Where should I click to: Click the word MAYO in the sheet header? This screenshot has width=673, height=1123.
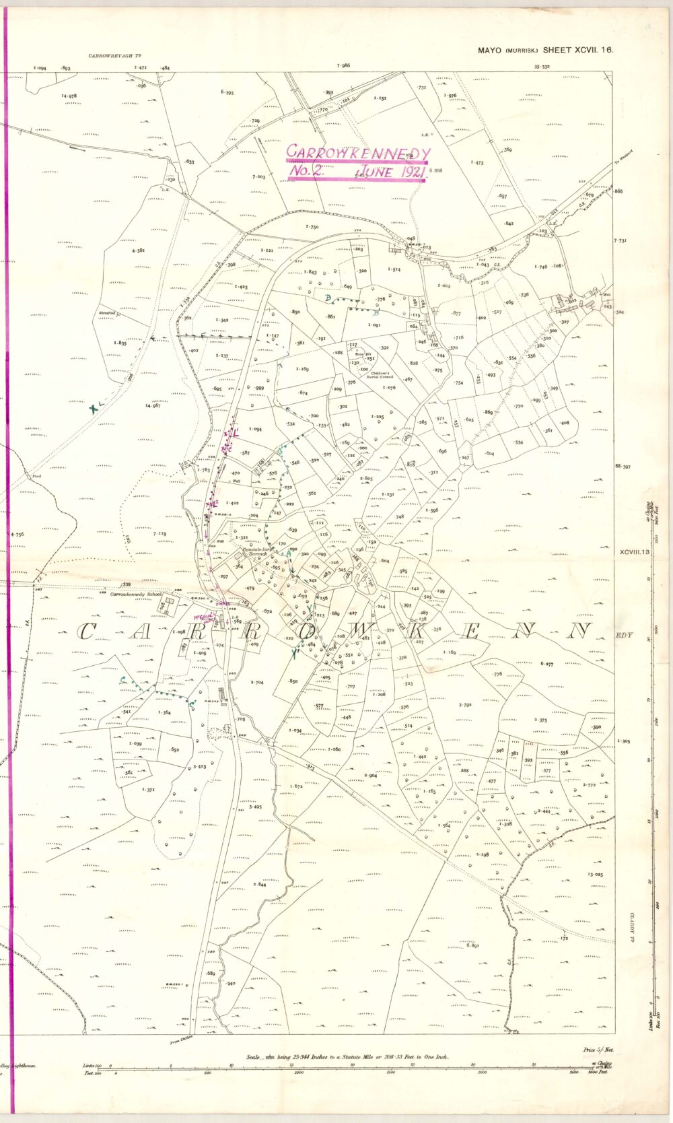click(x=491, y=50)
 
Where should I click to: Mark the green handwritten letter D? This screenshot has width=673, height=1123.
click(x=327, y=298)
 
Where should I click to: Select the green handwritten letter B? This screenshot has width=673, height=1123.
click(x=376, y=313)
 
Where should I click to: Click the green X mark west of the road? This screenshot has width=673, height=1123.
click(x=94, y=407)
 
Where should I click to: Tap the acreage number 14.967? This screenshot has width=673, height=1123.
click(x=152, y=406)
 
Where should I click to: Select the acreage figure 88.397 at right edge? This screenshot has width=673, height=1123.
click(x=622, y=467)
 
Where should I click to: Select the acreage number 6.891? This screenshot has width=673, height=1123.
click(x=472, y=946)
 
